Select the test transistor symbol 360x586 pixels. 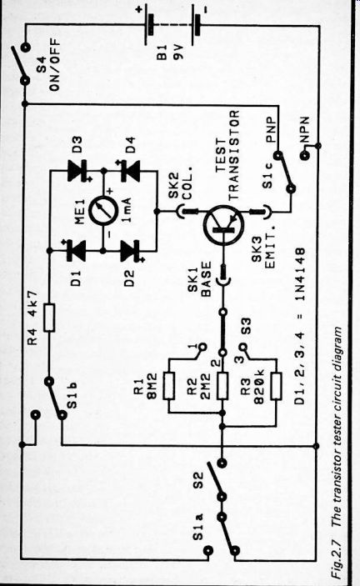223,225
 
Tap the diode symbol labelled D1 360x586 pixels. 76,250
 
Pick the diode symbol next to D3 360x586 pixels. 77,170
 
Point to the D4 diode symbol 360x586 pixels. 129,170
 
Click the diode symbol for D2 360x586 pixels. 130,250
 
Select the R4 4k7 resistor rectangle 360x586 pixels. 49,318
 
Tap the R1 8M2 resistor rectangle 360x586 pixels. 168,386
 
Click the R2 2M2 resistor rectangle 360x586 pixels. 222,386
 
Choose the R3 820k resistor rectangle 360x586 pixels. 276,387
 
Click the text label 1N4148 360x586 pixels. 300,274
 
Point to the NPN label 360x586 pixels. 304,130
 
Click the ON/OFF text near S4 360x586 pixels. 54,63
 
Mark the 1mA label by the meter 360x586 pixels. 126,210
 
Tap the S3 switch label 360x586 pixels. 247,326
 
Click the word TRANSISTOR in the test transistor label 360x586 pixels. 233,156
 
